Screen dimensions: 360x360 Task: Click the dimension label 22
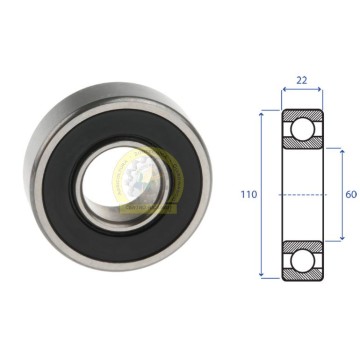301,80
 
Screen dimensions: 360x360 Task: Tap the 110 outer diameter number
249,194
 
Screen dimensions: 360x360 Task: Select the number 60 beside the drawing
351,194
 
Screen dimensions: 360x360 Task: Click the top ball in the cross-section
302,129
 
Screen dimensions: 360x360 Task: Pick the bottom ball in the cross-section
302,260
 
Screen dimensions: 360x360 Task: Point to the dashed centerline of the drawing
303,194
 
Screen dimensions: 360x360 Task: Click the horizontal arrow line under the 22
302,89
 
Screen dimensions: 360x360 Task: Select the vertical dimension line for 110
261,194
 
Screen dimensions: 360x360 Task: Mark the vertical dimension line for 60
342,195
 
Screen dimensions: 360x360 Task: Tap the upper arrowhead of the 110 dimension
261,114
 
